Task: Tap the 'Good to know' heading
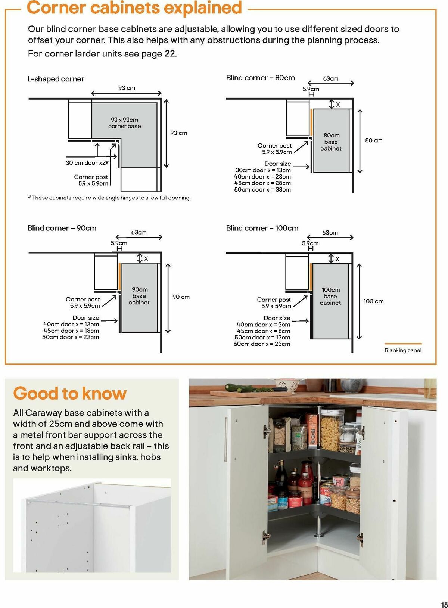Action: point(70,393)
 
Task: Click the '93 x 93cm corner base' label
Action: point(124,123)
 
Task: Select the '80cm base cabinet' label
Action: point(331,142)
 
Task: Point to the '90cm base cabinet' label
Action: point(139,296)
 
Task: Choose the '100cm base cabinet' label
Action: point(330,296)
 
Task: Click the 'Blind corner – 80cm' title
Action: point(260,78)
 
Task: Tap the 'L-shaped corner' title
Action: point(56,79)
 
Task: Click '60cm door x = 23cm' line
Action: point(262,344)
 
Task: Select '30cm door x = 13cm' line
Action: point(263,170)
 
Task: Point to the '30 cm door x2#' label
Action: point(87,163)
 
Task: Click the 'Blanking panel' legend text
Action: point(403,350)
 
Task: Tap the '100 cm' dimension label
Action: point(373,301)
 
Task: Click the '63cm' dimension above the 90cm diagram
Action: point(139,232)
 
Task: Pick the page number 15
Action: point(444,595)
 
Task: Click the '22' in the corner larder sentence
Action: point(170,53)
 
